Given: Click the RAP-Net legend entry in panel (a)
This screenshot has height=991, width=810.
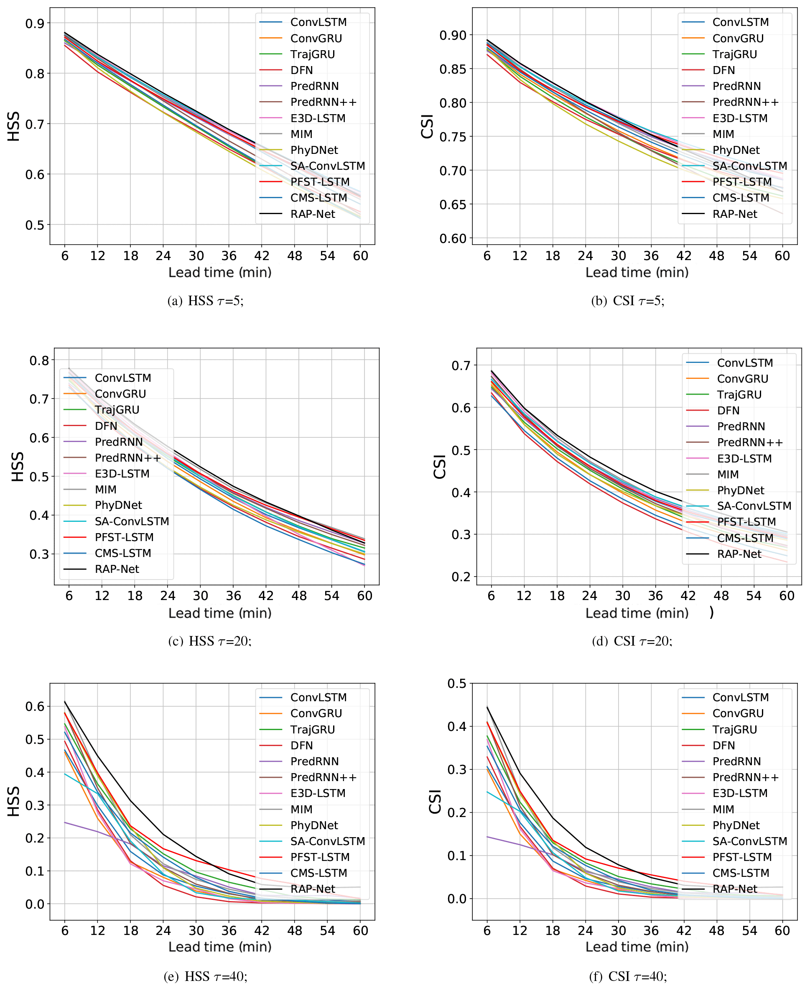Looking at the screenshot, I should click(312, 214).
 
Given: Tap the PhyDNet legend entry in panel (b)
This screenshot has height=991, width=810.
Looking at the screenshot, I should click(735, 150).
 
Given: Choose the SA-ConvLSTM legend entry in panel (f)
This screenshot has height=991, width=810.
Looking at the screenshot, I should click(749, 841).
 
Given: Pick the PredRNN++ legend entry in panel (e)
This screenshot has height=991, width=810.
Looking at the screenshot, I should click(323, 777).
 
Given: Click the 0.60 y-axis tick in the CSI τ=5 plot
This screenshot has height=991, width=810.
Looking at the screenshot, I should click(453, 238).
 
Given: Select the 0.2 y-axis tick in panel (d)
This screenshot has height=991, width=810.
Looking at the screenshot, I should click(461, 577).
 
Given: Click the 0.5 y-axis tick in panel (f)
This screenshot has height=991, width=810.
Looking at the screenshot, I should click(456, 683).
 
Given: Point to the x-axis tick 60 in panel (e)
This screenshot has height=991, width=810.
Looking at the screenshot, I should click(360, 931).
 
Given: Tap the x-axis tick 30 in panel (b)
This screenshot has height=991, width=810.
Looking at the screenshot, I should click(618, 256).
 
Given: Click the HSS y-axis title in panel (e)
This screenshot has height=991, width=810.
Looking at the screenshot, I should click(13, 802).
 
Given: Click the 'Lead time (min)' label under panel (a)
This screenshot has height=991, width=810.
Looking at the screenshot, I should click(220, 273).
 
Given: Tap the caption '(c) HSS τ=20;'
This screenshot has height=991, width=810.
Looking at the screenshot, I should click(209, 641).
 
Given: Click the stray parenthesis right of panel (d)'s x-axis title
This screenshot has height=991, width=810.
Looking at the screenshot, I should click(711, 613).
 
